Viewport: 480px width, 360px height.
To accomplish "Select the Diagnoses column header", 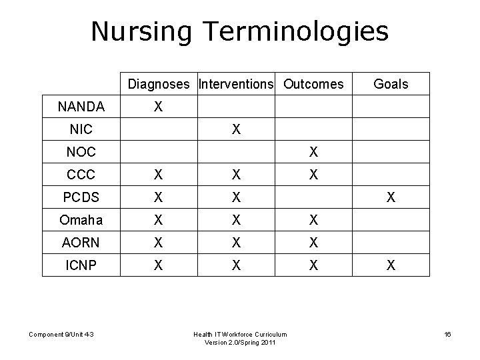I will click(x=159, y=84).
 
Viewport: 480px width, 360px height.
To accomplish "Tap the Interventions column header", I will click(x=236, y=84).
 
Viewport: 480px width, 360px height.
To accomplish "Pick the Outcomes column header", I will click(x=313, y=84).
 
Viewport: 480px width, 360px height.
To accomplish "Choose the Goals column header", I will click(x=391, y=84).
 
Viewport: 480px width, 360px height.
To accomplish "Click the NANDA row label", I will click(x=81, y=106).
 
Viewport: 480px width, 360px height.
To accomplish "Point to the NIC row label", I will click(x=81, y=129).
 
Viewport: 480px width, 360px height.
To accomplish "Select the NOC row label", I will click(x=81, y=152).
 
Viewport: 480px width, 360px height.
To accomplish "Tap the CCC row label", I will click(x=81, y=175).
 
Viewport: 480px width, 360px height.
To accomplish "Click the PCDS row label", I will click(x=81, y=197).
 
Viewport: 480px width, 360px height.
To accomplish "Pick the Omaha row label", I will click(x=81, y=220).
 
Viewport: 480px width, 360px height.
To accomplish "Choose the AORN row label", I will click(x=81, y=243).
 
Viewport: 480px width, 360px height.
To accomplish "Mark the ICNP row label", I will click(x=81, y=265).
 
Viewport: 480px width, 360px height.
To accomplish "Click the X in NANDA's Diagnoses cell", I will click(x=158, y=106).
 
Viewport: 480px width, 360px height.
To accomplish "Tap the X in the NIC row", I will click(x=236, y=129).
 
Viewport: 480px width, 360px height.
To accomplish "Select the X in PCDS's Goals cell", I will click(x=391, y=197).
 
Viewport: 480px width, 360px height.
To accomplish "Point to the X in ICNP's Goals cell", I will click(x=391, y=265).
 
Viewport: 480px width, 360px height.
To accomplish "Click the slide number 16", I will click(x=447, y=333).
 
